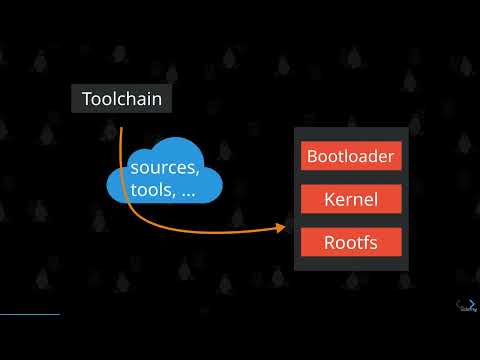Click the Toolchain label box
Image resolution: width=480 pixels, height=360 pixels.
121,99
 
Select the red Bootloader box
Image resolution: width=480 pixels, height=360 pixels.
351,156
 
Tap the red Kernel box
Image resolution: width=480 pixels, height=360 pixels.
351,199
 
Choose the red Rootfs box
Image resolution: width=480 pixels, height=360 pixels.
351,242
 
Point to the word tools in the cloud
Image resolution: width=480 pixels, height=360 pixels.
149,191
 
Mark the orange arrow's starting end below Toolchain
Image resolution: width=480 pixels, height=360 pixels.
121,127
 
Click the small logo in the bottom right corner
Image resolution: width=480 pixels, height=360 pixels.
466,306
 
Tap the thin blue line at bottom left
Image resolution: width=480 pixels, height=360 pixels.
30,314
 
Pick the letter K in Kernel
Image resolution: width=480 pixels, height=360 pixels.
329,199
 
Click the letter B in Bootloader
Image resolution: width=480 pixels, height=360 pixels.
312,156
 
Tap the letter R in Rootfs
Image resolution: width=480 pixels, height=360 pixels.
329,242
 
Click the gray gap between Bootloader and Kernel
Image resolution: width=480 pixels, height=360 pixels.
351,177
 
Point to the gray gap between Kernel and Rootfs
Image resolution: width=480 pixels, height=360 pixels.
351,220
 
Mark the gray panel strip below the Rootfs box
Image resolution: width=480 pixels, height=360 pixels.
351,263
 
